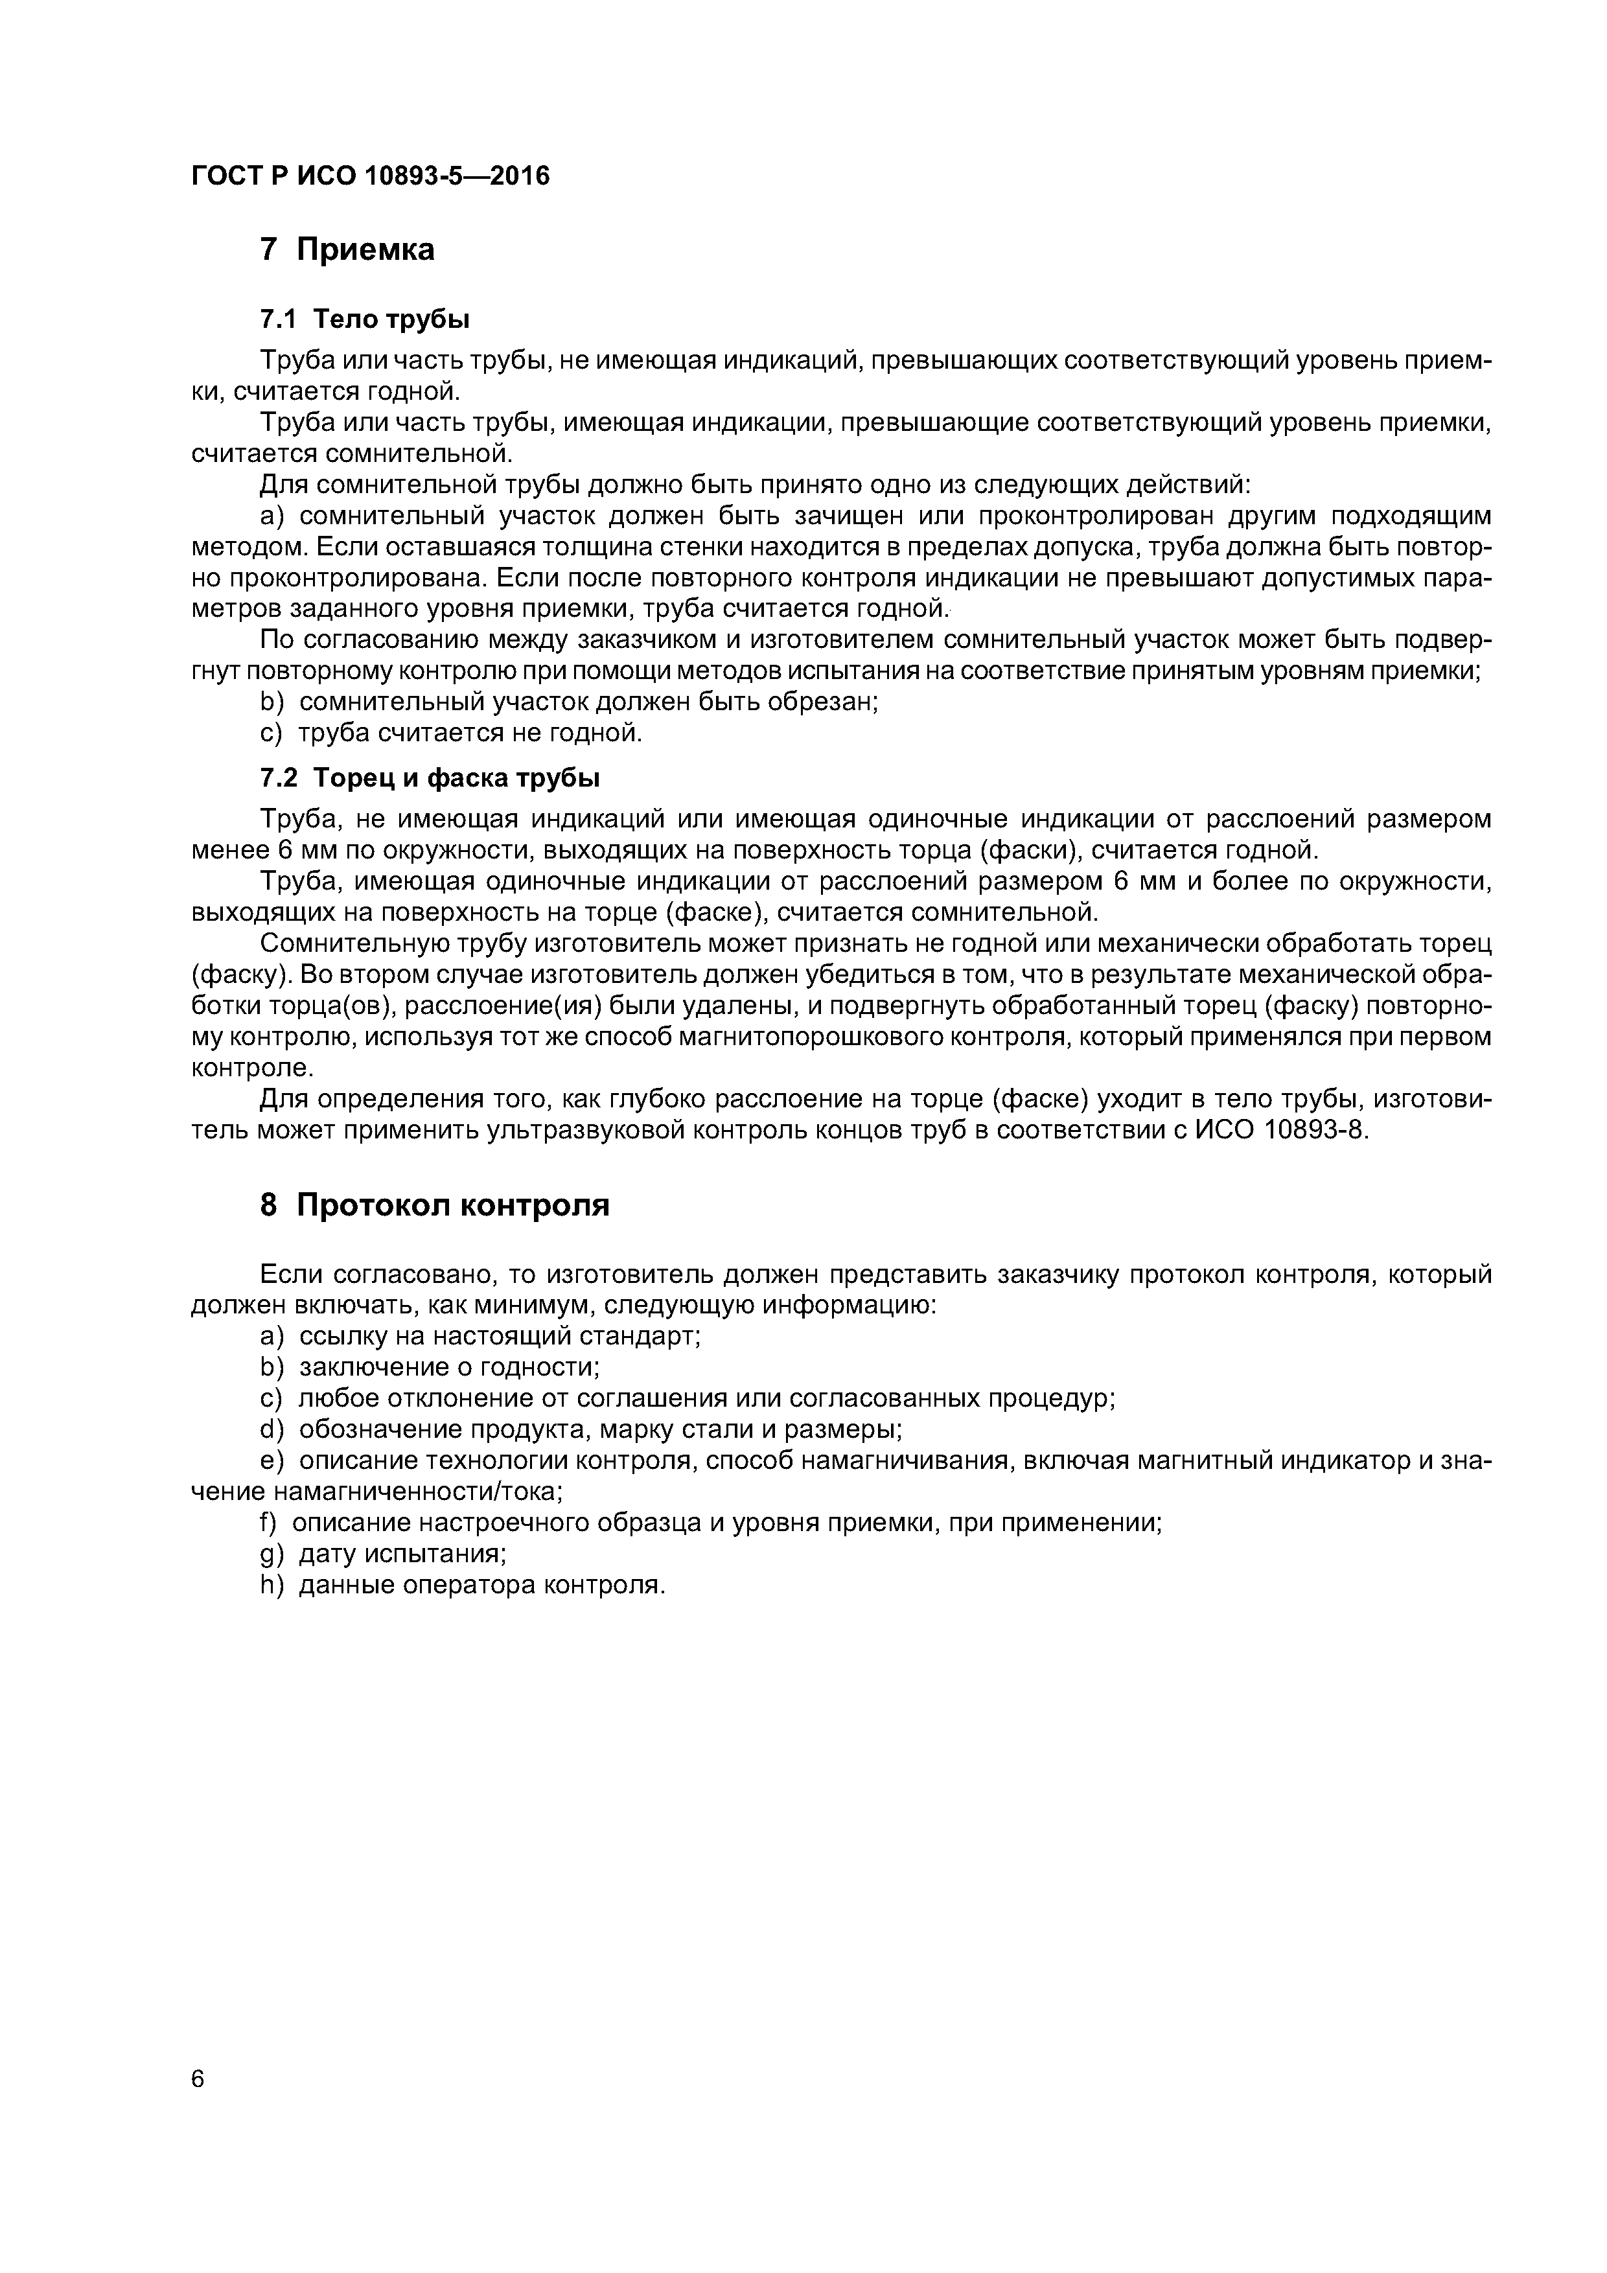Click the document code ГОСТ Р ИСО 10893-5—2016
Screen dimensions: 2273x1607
pos(369,176)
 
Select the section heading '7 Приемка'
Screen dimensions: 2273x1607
pos(347,249)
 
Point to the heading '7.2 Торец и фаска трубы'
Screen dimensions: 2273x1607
pos(430,778)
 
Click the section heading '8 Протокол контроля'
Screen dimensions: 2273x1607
pos(435,1205)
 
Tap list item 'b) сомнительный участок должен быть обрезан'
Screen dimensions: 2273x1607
pos(570,702)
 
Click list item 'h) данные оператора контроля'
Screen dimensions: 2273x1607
pos(463,1585)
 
